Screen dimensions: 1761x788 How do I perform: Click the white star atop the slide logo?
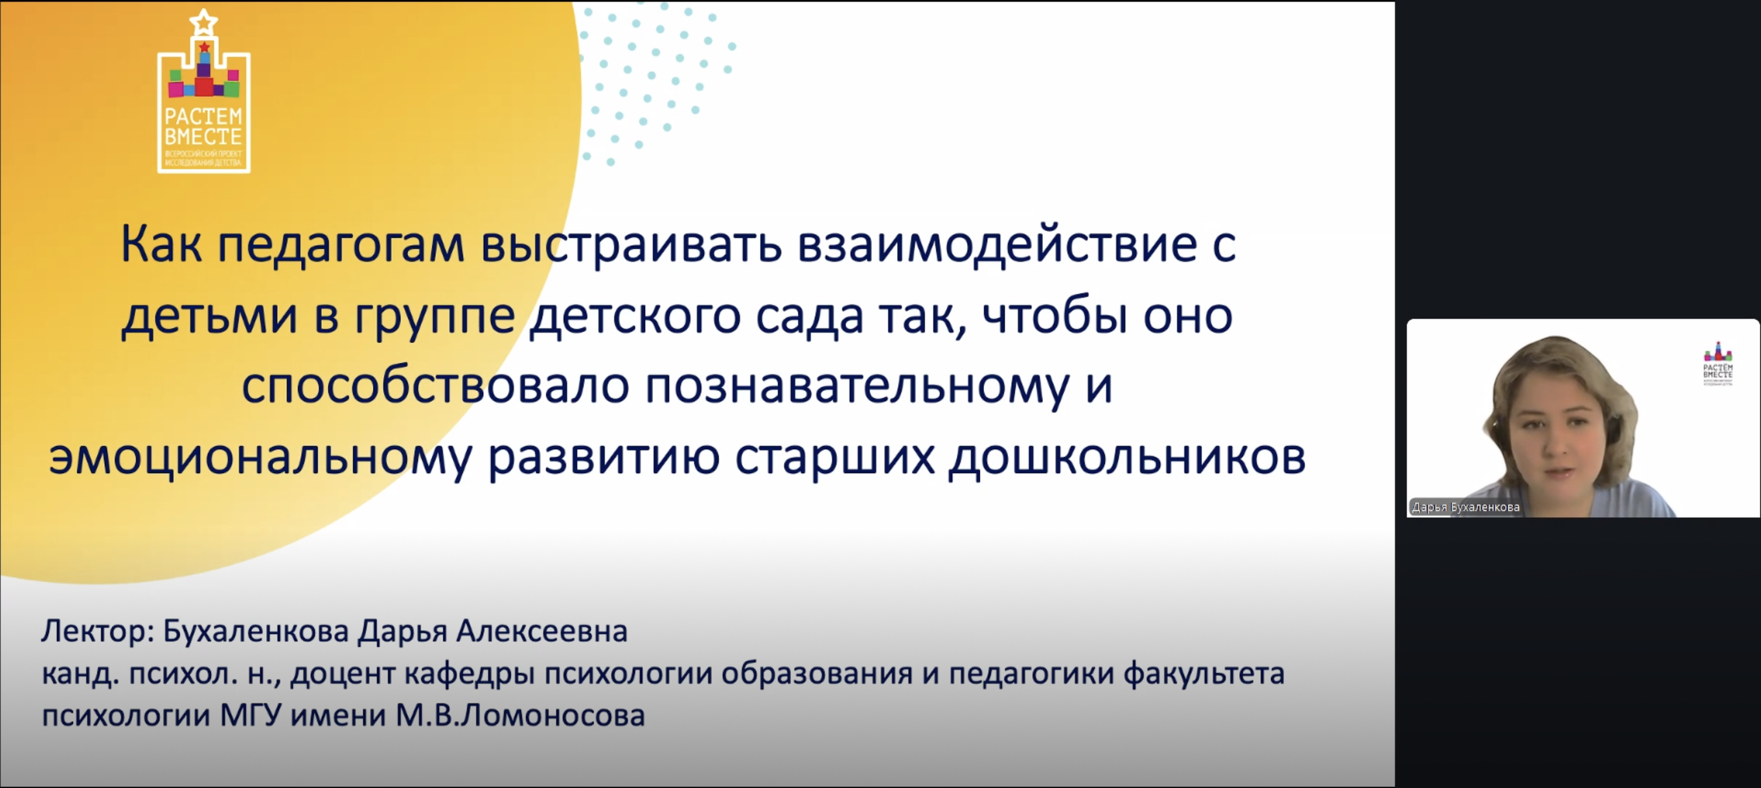[203, 22]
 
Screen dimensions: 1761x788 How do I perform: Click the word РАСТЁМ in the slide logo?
[203, 116]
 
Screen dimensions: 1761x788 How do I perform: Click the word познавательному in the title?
[857, 387]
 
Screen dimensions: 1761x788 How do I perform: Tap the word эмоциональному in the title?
[260, 458]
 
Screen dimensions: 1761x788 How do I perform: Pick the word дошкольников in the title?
[1127, 457]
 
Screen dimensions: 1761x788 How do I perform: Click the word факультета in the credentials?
[1204, 675]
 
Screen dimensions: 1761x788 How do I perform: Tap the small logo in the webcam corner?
[1718, 363]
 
